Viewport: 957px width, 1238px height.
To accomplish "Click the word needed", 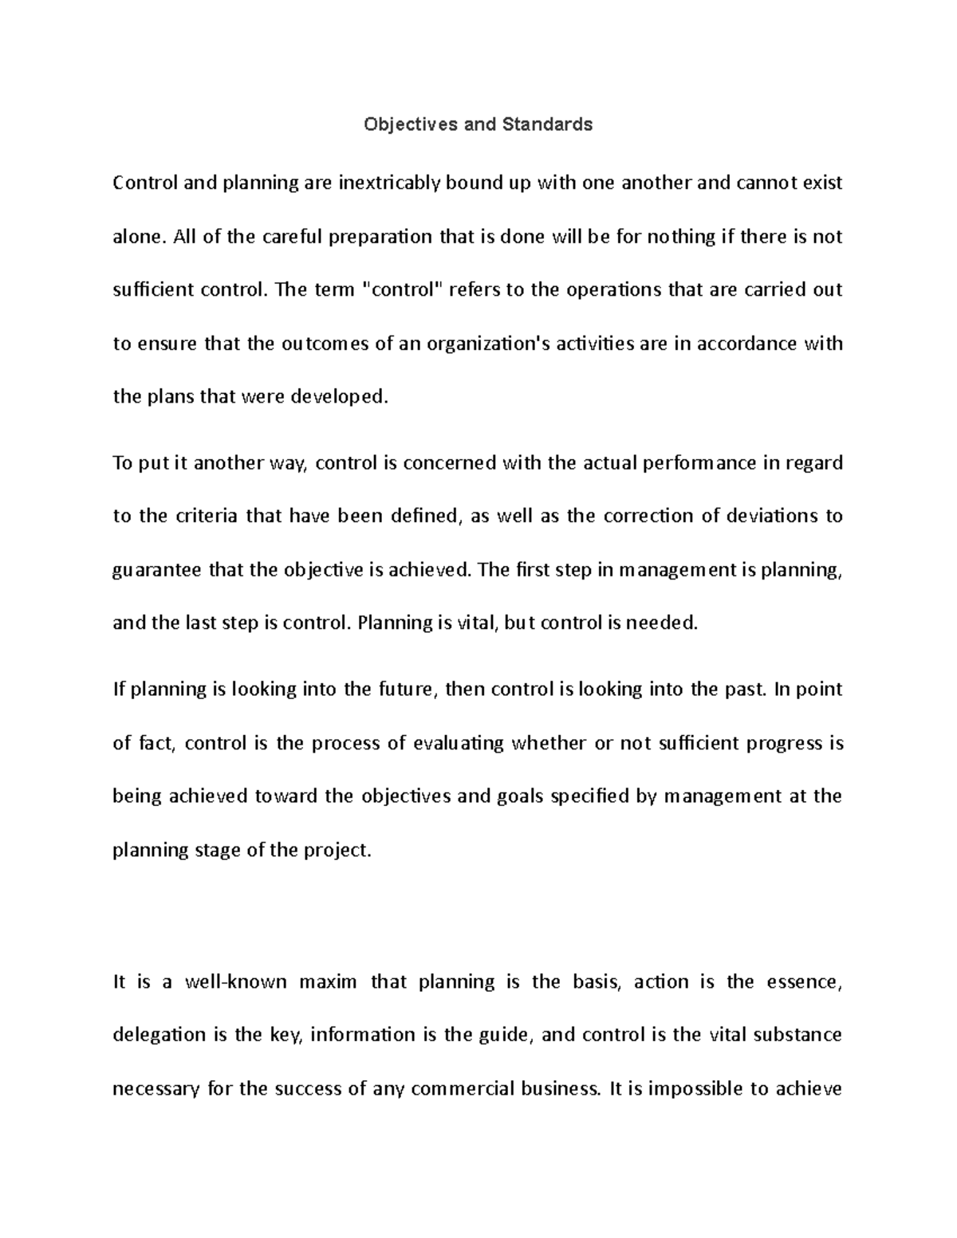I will [663, 623].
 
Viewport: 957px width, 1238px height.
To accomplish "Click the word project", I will [338, 850].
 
